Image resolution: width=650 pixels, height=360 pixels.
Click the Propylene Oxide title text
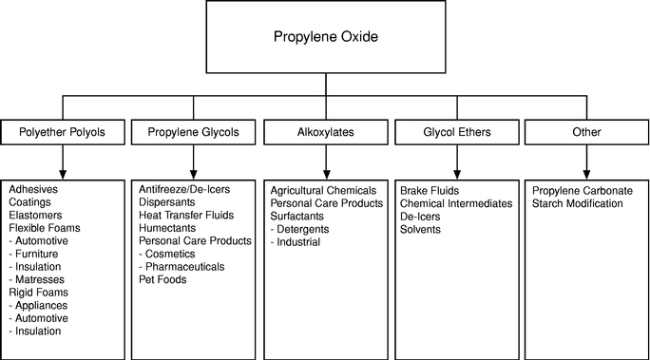point(326,36)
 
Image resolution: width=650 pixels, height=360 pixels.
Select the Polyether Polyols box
point(63,132)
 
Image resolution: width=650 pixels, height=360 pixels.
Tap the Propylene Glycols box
point(194,132)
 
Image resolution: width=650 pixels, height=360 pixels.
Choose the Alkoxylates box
point(326,132)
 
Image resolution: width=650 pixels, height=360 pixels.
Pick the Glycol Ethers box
point(457,132)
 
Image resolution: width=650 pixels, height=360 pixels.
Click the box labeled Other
point(586,132)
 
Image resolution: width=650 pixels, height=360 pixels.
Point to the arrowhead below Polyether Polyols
point(63,174)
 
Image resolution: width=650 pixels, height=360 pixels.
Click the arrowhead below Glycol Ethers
point(457,174)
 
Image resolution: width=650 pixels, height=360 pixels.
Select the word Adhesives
point(33,189)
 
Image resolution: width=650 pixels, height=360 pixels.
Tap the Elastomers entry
point(35,215)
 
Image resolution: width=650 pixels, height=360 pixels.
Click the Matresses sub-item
point(36,279)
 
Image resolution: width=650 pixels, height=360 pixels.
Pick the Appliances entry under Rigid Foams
point(38,305)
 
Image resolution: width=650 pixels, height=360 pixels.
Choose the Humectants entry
point(167,228)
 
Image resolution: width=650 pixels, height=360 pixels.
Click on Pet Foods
point(162,279)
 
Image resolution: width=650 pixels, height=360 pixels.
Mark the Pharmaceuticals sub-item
point(182,267)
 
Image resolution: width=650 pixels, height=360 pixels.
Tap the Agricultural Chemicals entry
point(323,191)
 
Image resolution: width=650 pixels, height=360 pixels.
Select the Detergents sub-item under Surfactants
point(299,229)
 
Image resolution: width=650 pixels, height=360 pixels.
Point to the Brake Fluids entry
point(430,191)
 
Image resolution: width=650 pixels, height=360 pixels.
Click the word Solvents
point(420,229)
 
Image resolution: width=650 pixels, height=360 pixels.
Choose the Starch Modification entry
point(578,203)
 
